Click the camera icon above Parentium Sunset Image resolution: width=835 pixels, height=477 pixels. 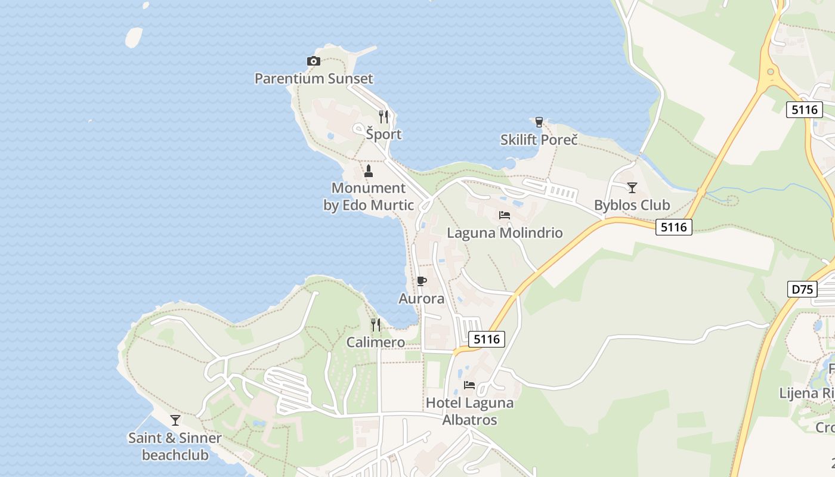[x=313, y=61]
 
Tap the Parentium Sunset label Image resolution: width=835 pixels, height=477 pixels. [x=314, y=78]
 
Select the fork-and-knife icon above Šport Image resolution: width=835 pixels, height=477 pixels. [x=384, y=117]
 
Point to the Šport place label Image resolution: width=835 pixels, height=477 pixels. [x=384, y=134]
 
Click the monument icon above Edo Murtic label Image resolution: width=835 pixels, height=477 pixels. [x=368, y=171]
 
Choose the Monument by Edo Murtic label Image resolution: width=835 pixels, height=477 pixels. [x=369, y=197]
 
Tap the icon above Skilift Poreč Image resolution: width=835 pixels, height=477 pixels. [x=539, y=122]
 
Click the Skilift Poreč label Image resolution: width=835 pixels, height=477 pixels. [x=539, y=140]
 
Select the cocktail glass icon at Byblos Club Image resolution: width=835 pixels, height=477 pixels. [x=632, y=187]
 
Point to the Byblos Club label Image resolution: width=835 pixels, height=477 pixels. [x=632, y=205]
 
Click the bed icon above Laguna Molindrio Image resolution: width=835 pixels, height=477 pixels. [x=505, y=215]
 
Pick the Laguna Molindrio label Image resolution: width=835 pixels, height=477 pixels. [x=505, y=233]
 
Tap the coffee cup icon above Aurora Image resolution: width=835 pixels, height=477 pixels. [x=422, y=281]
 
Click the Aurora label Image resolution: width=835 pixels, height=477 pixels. [x=422, y=298]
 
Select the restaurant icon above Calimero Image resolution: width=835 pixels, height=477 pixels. [x=376, y=324]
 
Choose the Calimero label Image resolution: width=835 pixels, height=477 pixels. [x=376, y=342]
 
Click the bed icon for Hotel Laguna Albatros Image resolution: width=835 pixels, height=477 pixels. [x=469, y=385]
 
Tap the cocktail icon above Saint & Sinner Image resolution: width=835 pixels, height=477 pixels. [x=175, y=420]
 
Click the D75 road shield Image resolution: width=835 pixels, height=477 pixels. [x=802, y=289]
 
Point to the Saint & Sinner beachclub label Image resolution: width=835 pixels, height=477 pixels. [x=175, y=446]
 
